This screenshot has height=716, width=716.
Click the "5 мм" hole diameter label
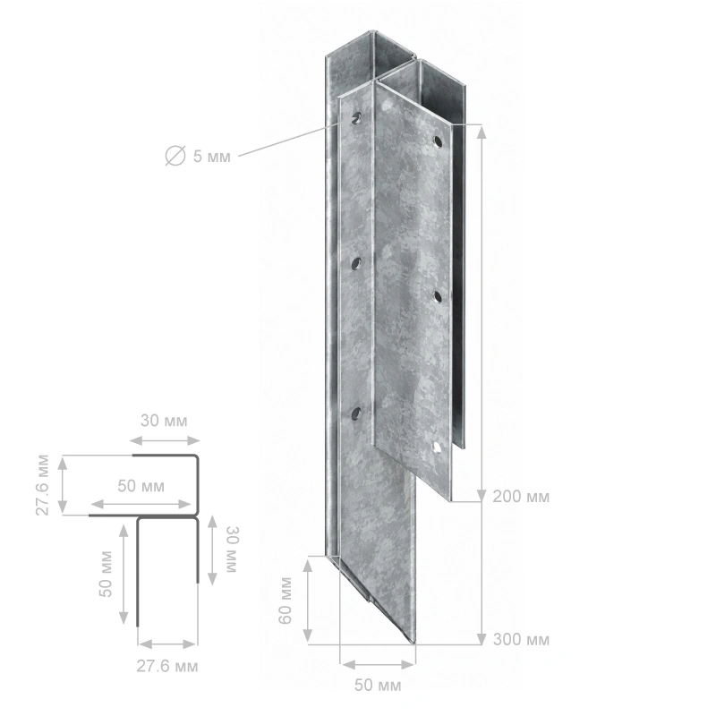pos(211,157)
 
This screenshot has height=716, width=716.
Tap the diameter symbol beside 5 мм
pos(175,156)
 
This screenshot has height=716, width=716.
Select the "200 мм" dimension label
pos(521,497)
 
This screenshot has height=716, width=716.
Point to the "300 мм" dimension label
pos(521,640)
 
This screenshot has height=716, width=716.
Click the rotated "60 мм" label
pos(285,601)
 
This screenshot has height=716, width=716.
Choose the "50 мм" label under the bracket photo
pos(378,685)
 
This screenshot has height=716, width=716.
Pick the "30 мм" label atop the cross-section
pos(164,421)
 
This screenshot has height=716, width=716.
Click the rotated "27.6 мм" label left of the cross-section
pos(42,485)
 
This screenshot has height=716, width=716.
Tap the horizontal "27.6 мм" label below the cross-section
pos(167,666)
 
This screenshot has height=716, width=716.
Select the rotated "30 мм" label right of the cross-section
pos(233,550)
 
